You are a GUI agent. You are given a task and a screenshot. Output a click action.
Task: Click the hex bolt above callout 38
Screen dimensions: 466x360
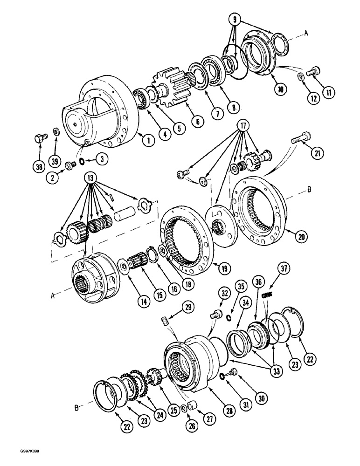point(39,139)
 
